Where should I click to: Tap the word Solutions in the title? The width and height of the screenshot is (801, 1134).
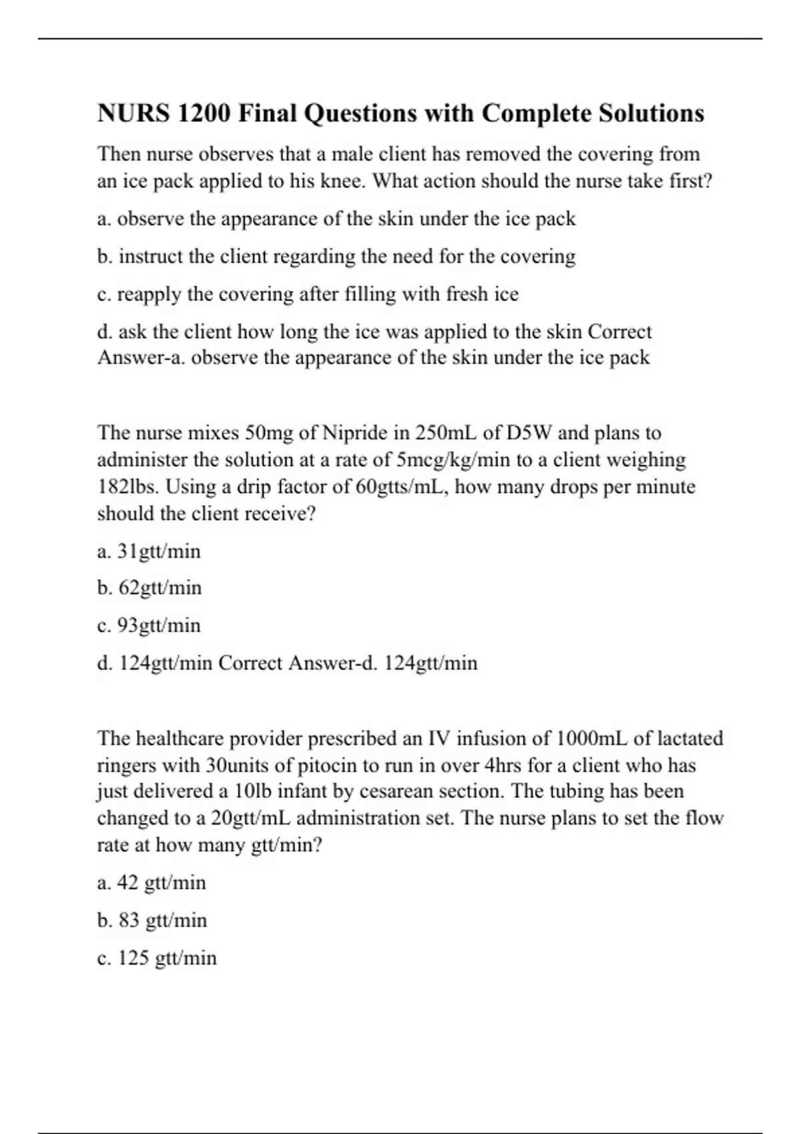click(651, 113)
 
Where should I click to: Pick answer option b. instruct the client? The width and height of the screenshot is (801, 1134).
click(336, 256)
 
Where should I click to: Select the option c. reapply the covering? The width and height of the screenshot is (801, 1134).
click(308, 294)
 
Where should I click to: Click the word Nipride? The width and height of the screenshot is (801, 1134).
click(355, 433)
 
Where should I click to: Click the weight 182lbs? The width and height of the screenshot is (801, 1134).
click(128, 487)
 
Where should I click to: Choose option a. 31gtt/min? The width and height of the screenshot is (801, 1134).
click(149, 552)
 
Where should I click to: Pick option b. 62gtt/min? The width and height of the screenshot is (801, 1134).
click(150, 588)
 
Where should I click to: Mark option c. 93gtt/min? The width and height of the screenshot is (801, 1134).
click(149, 626)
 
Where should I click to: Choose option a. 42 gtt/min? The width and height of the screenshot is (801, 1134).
click(152, 883)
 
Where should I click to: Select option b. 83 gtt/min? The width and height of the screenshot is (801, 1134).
click(152, 920)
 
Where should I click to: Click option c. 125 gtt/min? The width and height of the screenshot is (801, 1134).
click(157, 958)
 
